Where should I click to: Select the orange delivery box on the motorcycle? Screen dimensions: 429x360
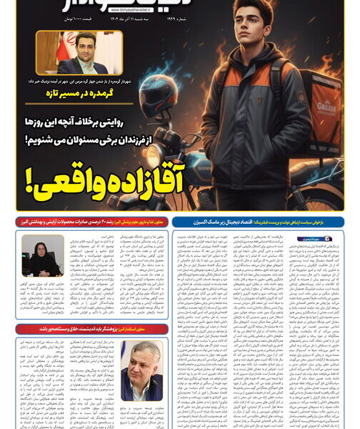pyautogui.click(x=323, y=114)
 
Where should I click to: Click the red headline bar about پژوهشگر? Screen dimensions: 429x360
pyautogui.click(x=93, y=328)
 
